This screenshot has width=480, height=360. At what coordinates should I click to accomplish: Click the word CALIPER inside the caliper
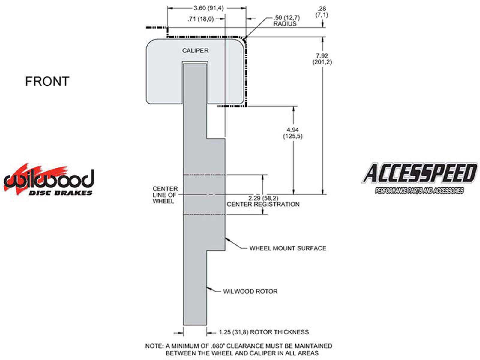[x=195, y=51]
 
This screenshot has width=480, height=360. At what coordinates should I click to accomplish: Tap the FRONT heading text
[x=47, y=81]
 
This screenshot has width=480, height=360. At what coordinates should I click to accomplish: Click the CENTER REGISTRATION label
[x=263, y=204]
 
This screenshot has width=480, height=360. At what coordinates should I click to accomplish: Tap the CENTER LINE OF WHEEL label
[x=165, y=195]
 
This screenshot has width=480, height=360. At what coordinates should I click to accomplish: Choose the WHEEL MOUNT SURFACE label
[x=288, y=248]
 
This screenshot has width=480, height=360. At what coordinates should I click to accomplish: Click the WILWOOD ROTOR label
[x=250, y=291]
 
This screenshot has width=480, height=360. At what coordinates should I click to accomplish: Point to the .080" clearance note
[x=239, y=349]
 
